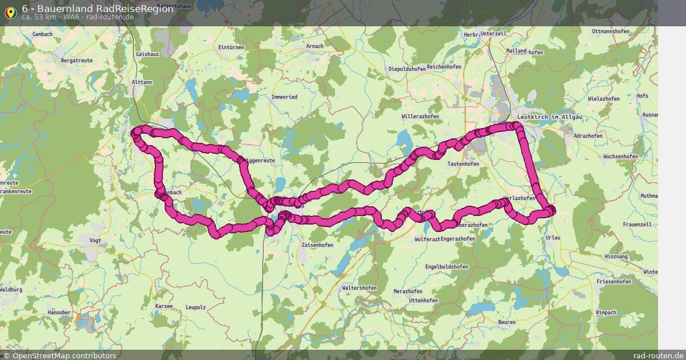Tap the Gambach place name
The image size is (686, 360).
pos(42,34)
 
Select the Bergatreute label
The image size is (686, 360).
pos(77,60)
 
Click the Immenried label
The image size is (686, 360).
pos(284,97)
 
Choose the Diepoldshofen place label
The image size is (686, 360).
pos(407,69)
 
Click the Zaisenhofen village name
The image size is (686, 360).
pos(317,245)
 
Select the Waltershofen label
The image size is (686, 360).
pos(359,288)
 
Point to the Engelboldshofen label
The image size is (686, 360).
pos(446,267)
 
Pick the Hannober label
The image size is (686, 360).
pos(59,313)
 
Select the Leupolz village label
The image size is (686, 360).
pos(196,307)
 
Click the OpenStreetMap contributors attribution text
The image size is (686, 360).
pos(63,355)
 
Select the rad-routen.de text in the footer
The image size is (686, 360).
pos(657,355)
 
